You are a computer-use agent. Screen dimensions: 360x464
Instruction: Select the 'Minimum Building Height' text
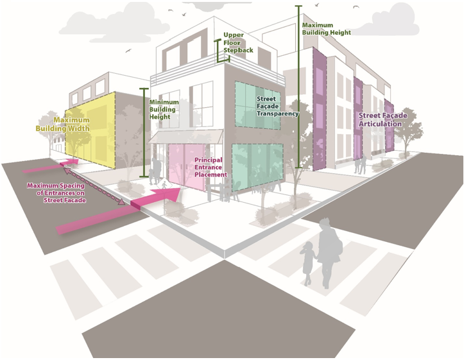pos(163,110)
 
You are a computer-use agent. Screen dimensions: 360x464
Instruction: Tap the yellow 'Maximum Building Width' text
pos(71,124)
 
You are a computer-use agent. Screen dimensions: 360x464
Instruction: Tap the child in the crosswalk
pos(309,262)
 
